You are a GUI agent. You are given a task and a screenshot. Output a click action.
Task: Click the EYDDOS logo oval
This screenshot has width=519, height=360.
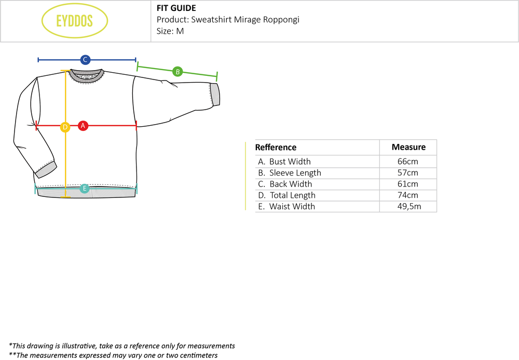[74, 22]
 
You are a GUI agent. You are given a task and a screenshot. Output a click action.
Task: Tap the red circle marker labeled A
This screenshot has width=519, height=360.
[83, 125]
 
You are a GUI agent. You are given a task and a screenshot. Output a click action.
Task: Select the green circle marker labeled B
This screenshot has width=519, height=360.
[177, 72]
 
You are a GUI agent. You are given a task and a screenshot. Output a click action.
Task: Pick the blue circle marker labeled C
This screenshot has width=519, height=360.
[86, 60]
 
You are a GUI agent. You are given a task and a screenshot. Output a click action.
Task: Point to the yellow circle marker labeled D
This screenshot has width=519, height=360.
[65, 127]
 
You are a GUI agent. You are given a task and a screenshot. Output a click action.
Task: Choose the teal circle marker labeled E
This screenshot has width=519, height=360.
[85, 189]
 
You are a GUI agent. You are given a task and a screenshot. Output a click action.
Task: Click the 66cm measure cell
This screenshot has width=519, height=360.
[408, 162]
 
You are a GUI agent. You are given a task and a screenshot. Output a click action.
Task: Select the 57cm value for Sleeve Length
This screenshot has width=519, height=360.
[408, 173]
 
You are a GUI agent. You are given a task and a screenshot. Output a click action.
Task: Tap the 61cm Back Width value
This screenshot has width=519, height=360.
[408, 184]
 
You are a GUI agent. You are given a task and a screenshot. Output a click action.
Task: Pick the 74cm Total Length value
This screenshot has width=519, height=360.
[408, 195]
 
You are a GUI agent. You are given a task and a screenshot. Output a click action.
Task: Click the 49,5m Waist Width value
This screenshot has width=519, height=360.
[408, 206]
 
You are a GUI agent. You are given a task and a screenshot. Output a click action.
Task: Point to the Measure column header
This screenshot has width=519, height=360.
[408, 147]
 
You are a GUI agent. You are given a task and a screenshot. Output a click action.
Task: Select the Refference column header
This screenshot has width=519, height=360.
[276, 148]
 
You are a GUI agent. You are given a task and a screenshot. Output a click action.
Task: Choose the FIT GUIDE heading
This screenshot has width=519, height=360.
[176, 8]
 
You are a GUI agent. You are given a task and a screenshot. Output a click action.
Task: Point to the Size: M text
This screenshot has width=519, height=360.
[170, 31]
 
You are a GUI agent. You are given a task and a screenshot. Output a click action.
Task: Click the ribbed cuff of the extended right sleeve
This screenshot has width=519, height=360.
[214, 94]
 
